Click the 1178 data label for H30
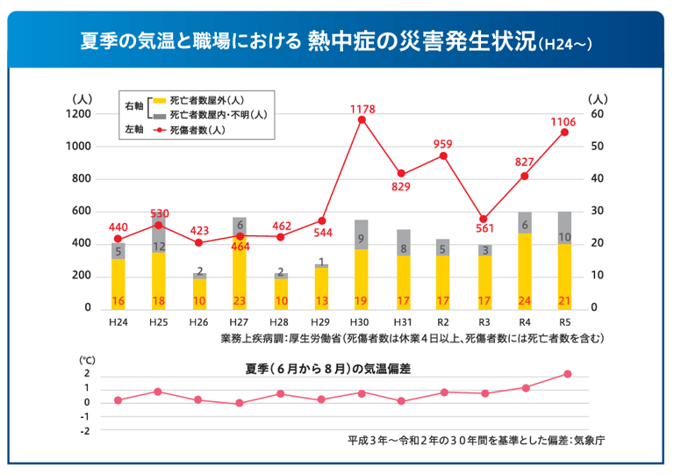point(362,109)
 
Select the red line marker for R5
point(564,133)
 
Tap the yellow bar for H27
point(240,273)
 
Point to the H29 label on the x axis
point(321,323)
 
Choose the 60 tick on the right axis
point(596,114)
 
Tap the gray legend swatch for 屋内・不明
point(160,115)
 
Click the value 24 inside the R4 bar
point(524,302)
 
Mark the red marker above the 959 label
point(443,156)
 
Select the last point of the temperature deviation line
point(568,374)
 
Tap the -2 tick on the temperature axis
point(86,432)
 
